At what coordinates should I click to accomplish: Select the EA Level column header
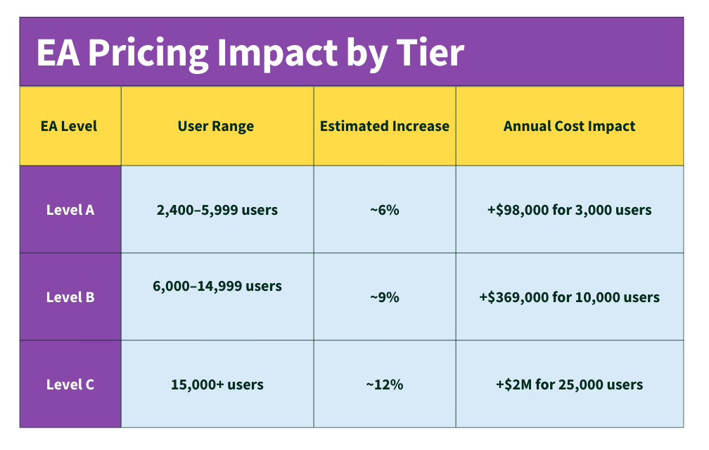point(69,127)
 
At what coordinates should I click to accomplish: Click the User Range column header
point(216,127)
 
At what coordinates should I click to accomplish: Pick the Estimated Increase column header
point(385,127)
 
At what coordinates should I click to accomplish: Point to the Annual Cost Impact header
point(569,127)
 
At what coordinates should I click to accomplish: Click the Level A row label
point(70,210)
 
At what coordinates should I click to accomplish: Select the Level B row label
point(70,297)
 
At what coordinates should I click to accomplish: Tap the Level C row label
point(70,385)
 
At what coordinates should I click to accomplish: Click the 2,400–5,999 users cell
point(217,210)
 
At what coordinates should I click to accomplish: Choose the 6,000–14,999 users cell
point(217,287)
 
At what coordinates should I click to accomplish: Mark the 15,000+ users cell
point(217,385)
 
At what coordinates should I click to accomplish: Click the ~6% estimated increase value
point(385,210)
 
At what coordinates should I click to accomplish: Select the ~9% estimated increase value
point(385,297)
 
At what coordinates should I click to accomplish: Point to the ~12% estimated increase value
point(385,385)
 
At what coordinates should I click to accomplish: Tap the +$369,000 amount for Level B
point(514,297)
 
